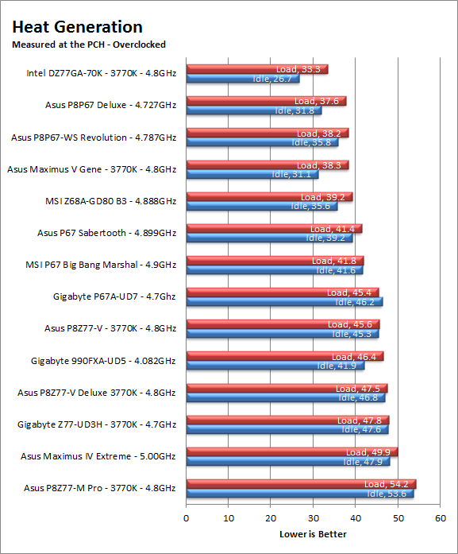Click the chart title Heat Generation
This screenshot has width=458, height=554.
coord(77,27)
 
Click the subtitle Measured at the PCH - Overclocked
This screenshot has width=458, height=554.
coord(89,45)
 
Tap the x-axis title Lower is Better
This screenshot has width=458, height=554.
coord(313,534)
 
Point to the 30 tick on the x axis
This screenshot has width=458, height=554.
coord(314,518)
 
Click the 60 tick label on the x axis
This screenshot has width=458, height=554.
coord(441,518)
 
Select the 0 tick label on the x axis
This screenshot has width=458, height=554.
coord(187,518)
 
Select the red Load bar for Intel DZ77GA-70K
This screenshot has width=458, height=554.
coord(257,69)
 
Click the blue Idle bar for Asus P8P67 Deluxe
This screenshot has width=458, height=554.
coord(254,110)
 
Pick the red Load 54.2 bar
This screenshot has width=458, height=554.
coord(302,484)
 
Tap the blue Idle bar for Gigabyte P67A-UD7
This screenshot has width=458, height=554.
coord(284,302)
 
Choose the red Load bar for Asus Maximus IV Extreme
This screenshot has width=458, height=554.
coord(292,452)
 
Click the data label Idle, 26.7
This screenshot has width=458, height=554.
coord(272,79)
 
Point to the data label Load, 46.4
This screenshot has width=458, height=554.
coord(354,357)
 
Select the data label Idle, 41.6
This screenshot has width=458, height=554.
coord(336,270)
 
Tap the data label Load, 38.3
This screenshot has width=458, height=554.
coord(319,165)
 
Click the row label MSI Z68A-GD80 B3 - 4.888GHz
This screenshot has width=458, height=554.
coord(111,201)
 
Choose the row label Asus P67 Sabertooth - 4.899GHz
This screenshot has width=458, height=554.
coord(107,233)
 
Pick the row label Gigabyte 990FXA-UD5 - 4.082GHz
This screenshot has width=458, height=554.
coord(103,361)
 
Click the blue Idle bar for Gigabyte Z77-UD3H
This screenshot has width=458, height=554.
coord(287,429)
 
